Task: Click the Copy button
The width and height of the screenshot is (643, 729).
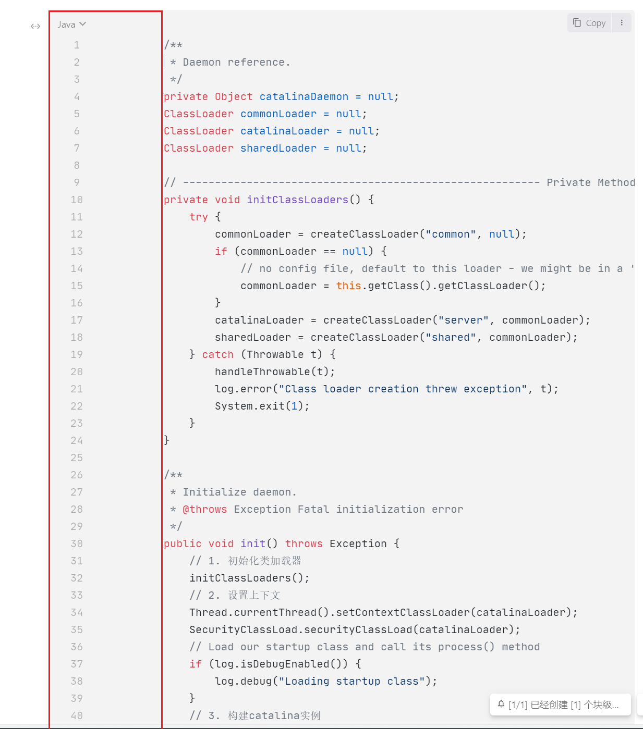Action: coord(589,23)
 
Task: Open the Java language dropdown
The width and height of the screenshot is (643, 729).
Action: coord(71,24)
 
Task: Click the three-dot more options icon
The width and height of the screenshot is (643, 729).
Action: coord(622,23)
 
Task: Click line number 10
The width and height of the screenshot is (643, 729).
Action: coord(77,200)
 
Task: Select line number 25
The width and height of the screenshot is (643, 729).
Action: coord(77,458)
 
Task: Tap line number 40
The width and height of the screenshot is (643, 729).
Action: coord(77,715)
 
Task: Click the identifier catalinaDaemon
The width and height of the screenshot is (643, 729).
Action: coord(304,96)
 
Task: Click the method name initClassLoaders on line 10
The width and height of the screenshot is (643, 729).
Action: coord(297,200)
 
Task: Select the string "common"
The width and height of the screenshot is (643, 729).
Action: coord(451,234)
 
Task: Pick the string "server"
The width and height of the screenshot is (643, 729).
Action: coord(463,320)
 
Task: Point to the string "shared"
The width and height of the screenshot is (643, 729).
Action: coord(451,337)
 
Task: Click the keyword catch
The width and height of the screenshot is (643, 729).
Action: coord(217,354)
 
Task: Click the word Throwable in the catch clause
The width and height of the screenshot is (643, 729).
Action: coord(275,354)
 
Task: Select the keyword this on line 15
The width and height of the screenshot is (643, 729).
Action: coord(348,286)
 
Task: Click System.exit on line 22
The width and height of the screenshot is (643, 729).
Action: coord(249,406)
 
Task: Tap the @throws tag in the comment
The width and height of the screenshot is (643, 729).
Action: coord(204,509)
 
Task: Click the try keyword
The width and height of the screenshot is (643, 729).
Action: coord(198,217)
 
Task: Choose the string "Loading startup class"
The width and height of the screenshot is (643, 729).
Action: coord(351,681)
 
